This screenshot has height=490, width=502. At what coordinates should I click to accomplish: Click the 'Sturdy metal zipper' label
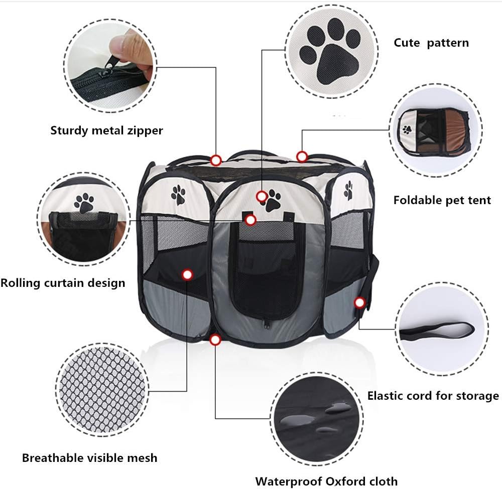pos(106,130)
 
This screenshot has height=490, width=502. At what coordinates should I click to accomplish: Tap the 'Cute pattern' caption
pos(431,43)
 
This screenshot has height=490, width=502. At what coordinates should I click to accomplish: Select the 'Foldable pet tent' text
pos(442,200)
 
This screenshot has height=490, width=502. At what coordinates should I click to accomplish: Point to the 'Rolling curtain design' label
pos(63,283)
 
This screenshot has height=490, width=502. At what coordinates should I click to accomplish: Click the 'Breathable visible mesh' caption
pos(90,458)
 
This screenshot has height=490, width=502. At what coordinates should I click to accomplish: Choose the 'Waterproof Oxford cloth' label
pos(326,481)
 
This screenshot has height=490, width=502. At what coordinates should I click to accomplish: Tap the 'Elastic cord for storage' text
pos(433,396)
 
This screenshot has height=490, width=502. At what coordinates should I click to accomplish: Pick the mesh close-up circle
pos(102,390)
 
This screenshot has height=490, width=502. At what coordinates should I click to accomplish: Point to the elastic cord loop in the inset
pos(437,332)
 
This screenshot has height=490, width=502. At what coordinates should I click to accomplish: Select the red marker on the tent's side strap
pos(359,302)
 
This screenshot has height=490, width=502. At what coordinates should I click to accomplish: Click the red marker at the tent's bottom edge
pos(215,340)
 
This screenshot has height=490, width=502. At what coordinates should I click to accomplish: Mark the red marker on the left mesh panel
pos(187,274)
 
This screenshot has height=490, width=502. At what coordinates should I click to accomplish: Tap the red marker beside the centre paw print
pos(262,196)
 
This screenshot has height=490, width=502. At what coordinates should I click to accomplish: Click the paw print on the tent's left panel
pos(178,195)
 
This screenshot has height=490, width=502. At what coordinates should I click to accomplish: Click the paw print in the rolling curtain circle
pos(84,203)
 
